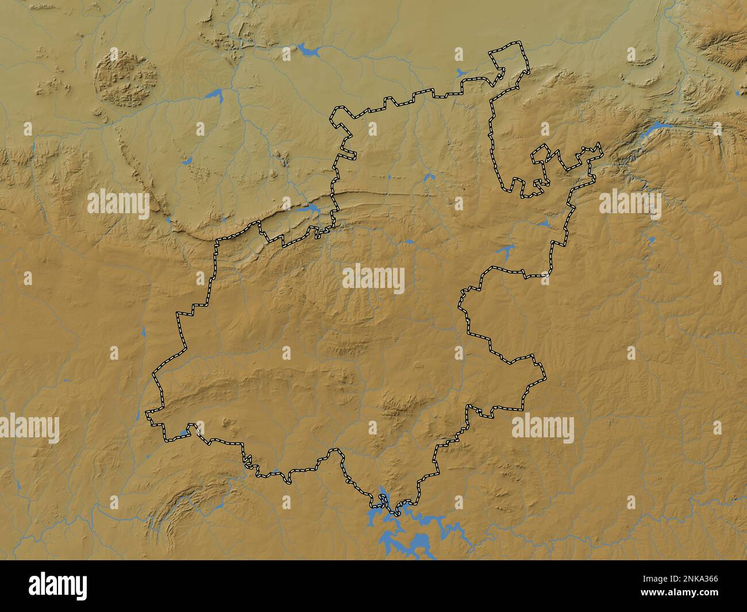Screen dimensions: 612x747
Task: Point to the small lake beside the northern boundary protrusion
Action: point(461,73)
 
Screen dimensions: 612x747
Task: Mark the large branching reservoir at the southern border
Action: point(405,532)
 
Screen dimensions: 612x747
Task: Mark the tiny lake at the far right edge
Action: point(738,92)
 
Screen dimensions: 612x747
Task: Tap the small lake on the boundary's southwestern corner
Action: point(185,432)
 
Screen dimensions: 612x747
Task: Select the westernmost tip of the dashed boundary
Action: point(147,413)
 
